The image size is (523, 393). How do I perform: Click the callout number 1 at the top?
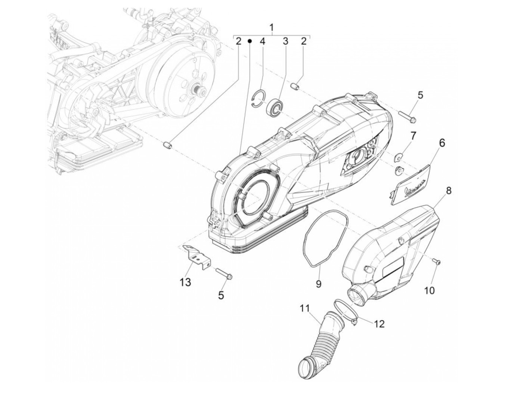[x=272, y=27]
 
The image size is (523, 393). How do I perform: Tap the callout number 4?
[x=262, y=41]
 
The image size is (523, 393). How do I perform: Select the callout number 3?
[x=285, y=41]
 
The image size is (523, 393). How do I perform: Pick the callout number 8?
[x=448, y=191]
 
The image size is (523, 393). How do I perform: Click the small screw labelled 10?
[x=437, y=263]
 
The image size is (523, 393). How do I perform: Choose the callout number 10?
[x=430, y=290]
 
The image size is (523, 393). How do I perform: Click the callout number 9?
[x=319, y=284]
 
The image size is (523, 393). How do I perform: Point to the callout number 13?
[x=186, y=282]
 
